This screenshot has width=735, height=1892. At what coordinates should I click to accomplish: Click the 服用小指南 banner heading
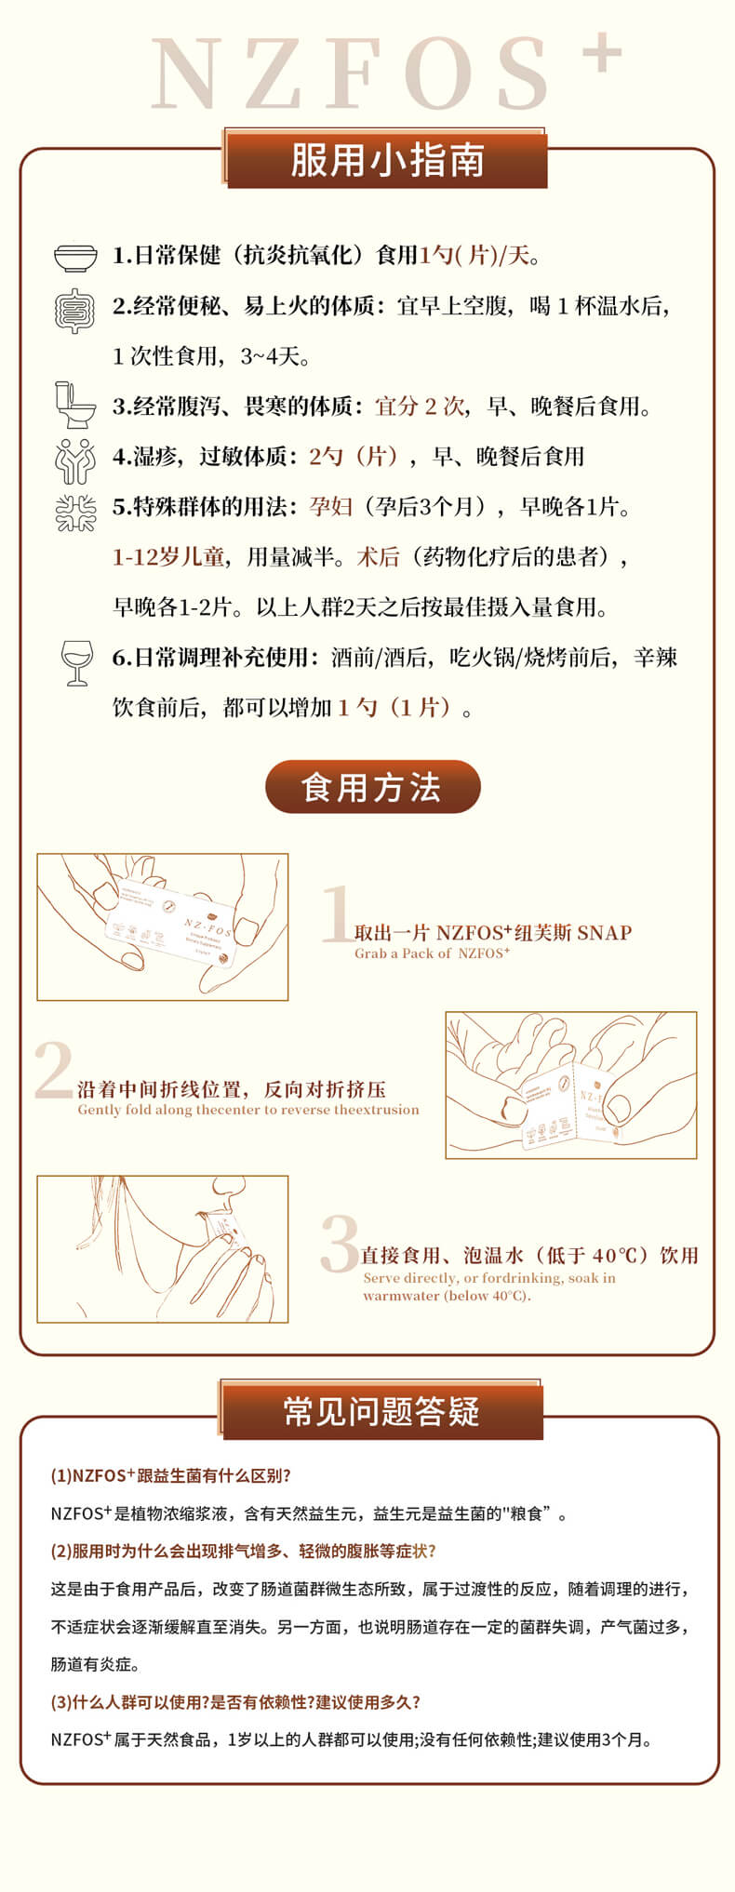click(x=385, y=160)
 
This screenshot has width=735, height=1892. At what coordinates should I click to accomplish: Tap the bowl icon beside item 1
click(x=75, y=257)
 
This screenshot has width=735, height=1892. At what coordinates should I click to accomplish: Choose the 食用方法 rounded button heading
click(x=372, y=787)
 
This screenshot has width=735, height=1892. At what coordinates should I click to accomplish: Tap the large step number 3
click(x=340, y=1243)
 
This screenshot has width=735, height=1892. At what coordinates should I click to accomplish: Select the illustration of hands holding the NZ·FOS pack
click(x=163, y=927)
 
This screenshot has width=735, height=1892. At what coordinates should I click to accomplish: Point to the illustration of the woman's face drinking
click(x=163, y=1249)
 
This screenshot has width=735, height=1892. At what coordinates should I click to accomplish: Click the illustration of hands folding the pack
click(x=571, y=1086)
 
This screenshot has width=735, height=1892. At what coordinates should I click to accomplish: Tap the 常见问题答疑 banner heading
click(x=381, y=1411)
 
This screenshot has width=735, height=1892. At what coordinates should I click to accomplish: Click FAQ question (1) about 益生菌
click(x=171, y=1476)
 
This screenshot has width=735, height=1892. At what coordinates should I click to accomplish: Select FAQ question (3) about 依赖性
click(x=235, y=1702)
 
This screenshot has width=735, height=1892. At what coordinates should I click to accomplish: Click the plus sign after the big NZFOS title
click(x=602, y=53)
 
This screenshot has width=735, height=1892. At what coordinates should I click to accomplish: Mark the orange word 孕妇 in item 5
click(x=331, y=507)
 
